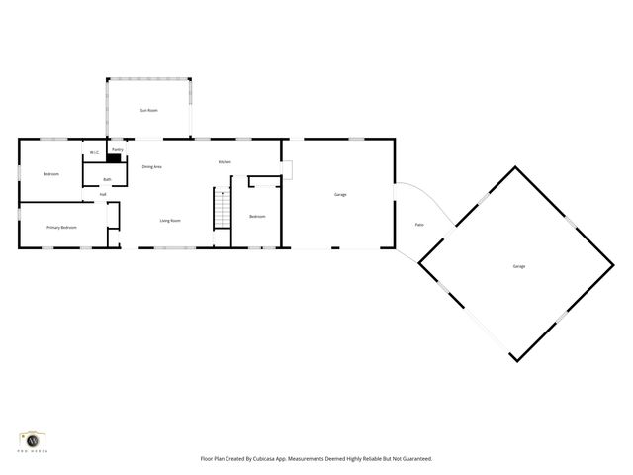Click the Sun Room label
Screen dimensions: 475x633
(x=149, y=110)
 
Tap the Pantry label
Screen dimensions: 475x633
(x=117, y=150)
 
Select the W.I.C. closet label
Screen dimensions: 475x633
(x=94, y=152)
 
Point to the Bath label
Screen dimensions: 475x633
(x=107, y=179)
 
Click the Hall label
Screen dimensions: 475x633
(x=103, y=194)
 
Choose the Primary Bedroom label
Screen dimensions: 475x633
(x=61, y=228)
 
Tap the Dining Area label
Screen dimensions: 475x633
(x=152, y=167)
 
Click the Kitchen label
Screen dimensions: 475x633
(x=225, y=162)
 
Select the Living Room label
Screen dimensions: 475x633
(x=170, y=220)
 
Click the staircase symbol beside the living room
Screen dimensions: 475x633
(x=223, y=208)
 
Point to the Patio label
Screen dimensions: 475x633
(x=419, y=226)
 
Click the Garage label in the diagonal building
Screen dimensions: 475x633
(x=518, y=267)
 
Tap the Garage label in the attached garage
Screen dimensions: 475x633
(x=339, y=194)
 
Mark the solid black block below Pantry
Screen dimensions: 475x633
(x=116, y=158)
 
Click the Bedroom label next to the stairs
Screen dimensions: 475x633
(x=257, y=216)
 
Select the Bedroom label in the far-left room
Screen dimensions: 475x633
(x=50, y=174)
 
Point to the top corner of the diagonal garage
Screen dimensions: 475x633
(x=515, y=167)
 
